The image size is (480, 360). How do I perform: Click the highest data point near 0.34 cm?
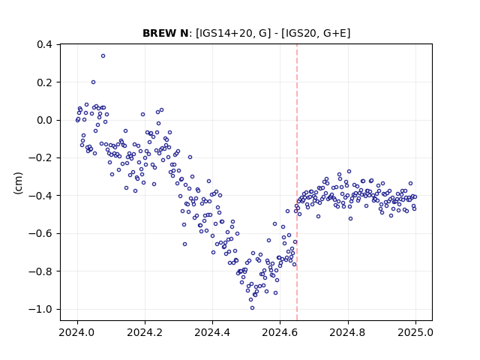point(103,55)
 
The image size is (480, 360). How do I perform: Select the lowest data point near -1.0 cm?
point(252,308)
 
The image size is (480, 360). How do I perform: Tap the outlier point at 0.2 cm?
point(93,82)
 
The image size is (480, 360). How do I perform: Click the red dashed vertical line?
point(297,182)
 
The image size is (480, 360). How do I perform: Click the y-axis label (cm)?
point(18,183)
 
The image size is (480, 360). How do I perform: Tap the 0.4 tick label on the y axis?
point(45,44)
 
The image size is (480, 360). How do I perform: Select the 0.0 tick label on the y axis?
point(45,120)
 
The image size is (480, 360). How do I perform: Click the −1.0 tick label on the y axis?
point(40,309)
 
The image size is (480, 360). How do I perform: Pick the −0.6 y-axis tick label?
point(40,233)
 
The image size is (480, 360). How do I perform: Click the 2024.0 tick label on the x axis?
point(77,332)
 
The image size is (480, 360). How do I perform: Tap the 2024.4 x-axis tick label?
point(212,332)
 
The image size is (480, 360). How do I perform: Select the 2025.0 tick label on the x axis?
point(415,332)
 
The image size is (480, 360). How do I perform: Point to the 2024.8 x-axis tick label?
point(348,332)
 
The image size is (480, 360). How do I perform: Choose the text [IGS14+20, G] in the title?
point(233,33)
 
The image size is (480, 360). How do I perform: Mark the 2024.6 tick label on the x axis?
point(280,332)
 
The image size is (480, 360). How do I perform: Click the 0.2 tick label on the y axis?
point(45,82)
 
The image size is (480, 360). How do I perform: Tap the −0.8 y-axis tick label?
point(40,271)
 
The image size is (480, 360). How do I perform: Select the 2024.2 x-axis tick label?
point(145,332)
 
